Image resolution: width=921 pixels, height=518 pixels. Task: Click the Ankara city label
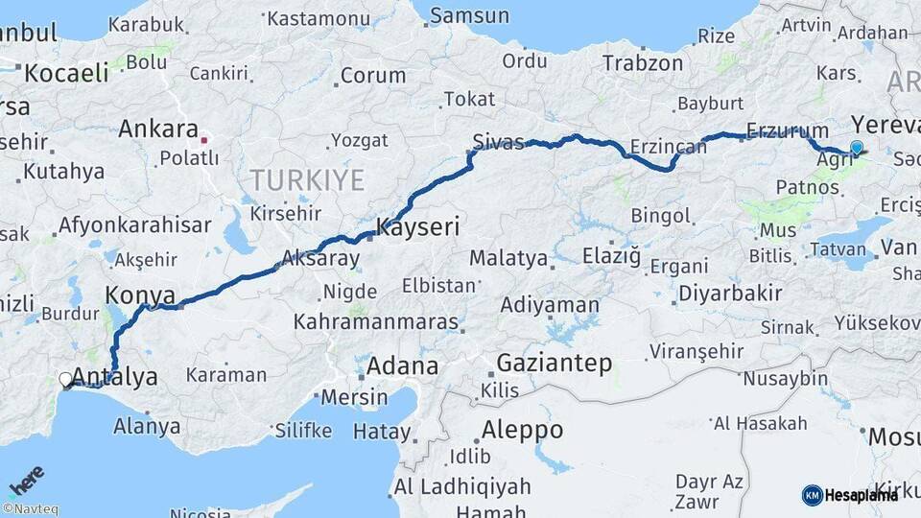pyautogui.click(x=158, y=129)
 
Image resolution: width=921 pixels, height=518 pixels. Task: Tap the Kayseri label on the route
pyautogui.click(x=418, y=228)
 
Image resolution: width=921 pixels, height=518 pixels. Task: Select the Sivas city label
pyautogui.click(x=499, y=144)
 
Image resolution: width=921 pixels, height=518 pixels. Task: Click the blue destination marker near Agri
pyautogui.click(x=857, y=148)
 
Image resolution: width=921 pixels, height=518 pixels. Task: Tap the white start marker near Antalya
pyautogui.click(x=65, y=380)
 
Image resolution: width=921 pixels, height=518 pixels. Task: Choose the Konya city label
pyautogui.click(x=140, y=294)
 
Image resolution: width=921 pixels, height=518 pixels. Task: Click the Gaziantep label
pyautogui.click(x=555, y=364)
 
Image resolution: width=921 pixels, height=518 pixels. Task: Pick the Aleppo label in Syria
pyautogui.click(x=523, y=429)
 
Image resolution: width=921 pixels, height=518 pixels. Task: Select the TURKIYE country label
pyautogui.click(x=307, y=179)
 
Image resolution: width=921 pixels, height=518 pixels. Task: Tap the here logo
pyautogui.click(x=26, y=481)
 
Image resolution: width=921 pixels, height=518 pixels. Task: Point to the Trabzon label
pyautogui.click(x=643, y=64)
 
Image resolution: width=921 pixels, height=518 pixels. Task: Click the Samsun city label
pyautogui.click(x=469, y=15)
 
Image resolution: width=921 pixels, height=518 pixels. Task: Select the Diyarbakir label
pyautogui.click(x=729, y=294)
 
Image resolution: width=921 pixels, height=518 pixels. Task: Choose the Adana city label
pyautogui.click(x=402, y=365)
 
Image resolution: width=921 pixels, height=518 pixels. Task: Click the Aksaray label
pyautogui.click(x=320, y=259)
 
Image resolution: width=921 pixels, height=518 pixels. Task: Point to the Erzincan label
pyautogui.click(x=669, y=148)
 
